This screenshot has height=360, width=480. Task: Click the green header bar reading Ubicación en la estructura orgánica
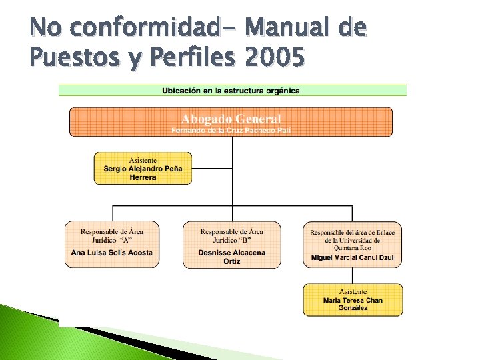click(232, 90)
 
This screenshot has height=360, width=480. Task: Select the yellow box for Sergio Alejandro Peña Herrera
click(143, 168)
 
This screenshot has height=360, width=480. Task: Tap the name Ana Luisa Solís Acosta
click(111, 253)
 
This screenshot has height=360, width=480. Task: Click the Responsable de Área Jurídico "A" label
click(111, 235)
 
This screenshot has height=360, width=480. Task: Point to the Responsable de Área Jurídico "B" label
click(231, 235)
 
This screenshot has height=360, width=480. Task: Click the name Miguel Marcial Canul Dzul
click(352, 257)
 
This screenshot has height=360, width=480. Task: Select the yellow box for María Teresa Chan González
click(353, 299)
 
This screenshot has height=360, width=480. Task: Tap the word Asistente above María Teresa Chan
click(353, 291)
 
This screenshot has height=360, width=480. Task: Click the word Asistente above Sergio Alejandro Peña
click(143, 160)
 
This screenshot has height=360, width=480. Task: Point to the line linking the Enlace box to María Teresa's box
click(353, 276)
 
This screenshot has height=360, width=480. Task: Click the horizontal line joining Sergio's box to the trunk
click(211, 168)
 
